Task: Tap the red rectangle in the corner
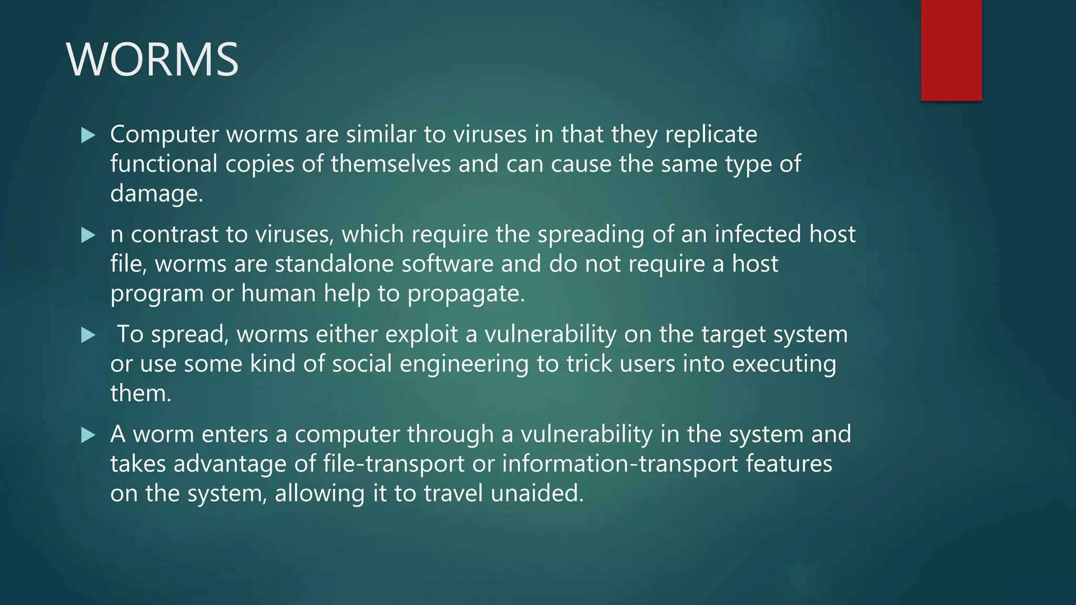[951, 50]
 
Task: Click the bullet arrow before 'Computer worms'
[88, 135]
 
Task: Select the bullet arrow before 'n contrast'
[88, 235]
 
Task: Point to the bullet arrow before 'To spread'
[88, 335]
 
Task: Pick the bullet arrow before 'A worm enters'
[88, 435]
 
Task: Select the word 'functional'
[164, 164]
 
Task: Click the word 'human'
[278, 294]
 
